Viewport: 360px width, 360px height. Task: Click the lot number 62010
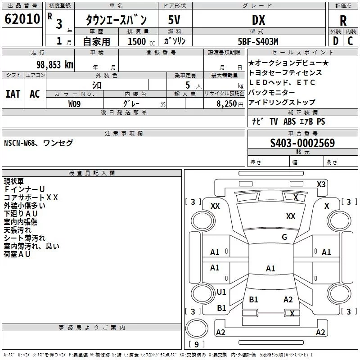point(22,19)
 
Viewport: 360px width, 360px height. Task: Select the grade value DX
point(258,20)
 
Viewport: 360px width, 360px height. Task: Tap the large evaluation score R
point(343,21)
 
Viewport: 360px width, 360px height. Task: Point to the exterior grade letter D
point(335,40)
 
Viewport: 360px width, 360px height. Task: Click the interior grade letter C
point(350,40)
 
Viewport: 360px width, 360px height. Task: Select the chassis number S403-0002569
point(302,143)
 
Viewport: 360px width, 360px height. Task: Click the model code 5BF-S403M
point(258,41)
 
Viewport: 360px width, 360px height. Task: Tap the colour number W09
point(75,103)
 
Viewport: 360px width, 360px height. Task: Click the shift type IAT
point(13,94)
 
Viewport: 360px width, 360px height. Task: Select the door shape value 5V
point(175,20)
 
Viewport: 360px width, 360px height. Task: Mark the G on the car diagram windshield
point(284,237)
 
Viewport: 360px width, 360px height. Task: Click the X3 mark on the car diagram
point(321,184)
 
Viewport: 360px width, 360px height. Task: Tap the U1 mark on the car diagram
point(221,292)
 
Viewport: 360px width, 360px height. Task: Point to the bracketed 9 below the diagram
point(196,345)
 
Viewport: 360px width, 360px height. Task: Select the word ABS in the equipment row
point(290,121)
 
